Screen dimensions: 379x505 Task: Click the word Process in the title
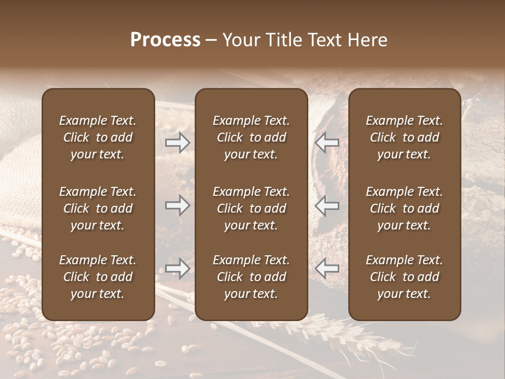click(165, 40)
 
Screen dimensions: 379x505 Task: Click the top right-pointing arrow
click(178, 142)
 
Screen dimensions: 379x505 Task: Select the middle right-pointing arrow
click(178, 205)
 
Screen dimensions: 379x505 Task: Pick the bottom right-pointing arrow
click(178, 268)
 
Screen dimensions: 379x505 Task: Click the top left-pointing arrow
click(327, 142)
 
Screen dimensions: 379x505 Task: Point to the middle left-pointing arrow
click(327, 205)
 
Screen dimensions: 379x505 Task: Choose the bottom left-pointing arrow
click(327, 268)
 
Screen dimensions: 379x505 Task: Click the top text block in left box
click(98, 137)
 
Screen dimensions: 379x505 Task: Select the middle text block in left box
click(98, 208)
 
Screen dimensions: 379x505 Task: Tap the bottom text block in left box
click(98, 277)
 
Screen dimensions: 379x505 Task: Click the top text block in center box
click(251, 137)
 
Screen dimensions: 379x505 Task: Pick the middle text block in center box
click(251, 208)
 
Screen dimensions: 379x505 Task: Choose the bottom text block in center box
click(251, 277)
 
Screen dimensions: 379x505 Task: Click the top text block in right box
click(405, 137)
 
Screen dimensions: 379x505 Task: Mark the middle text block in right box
click(405, 208)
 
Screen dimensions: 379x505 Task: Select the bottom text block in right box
click(405, 277)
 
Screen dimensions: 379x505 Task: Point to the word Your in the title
click(239, 40)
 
